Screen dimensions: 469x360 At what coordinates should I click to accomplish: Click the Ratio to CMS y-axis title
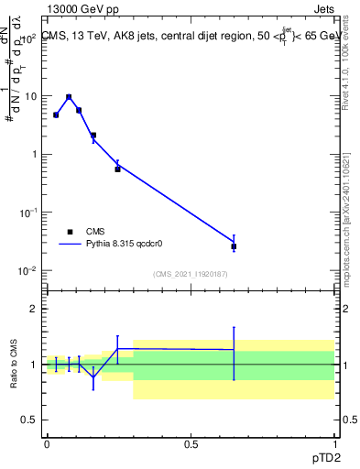[15, 365]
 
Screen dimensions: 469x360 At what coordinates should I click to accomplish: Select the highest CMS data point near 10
[69, 97]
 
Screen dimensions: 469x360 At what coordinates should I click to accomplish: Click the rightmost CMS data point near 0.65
[235, 246]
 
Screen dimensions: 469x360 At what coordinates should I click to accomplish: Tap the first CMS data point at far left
[56, 115]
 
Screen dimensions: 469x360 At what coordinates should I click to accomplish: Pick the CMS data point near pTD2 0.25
[117, 169]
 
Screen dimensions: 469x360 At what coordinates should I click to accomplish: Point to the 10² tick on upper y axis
[30, 38]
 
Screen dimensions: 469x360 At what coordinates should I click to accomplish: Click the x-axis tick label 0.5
[191, 443]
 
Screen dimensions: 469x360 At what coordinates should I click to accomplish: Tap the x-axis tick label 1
[334, 443]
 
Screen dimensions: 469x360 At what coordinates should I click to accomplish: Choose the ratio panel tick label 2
[34, 309]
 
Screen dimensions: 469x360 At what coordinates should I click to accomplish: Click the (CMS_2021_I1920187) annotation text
[191, 274]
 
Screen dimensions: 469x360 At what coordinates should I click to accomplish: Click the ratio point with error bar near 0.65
[235, 350]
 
